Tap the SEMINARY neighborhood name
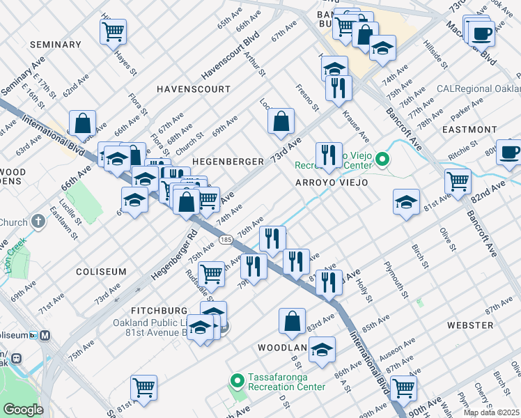56,45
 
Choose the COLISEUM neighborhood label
101,272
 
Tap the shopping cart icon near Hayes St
113,31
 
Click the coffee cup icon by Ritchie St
509,152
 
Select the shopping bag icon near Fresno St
280,121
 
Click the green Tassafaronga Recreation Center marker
237,380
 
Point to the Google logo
23,410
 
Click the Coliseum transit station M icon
47,334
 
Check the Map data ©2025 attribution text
491,412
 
